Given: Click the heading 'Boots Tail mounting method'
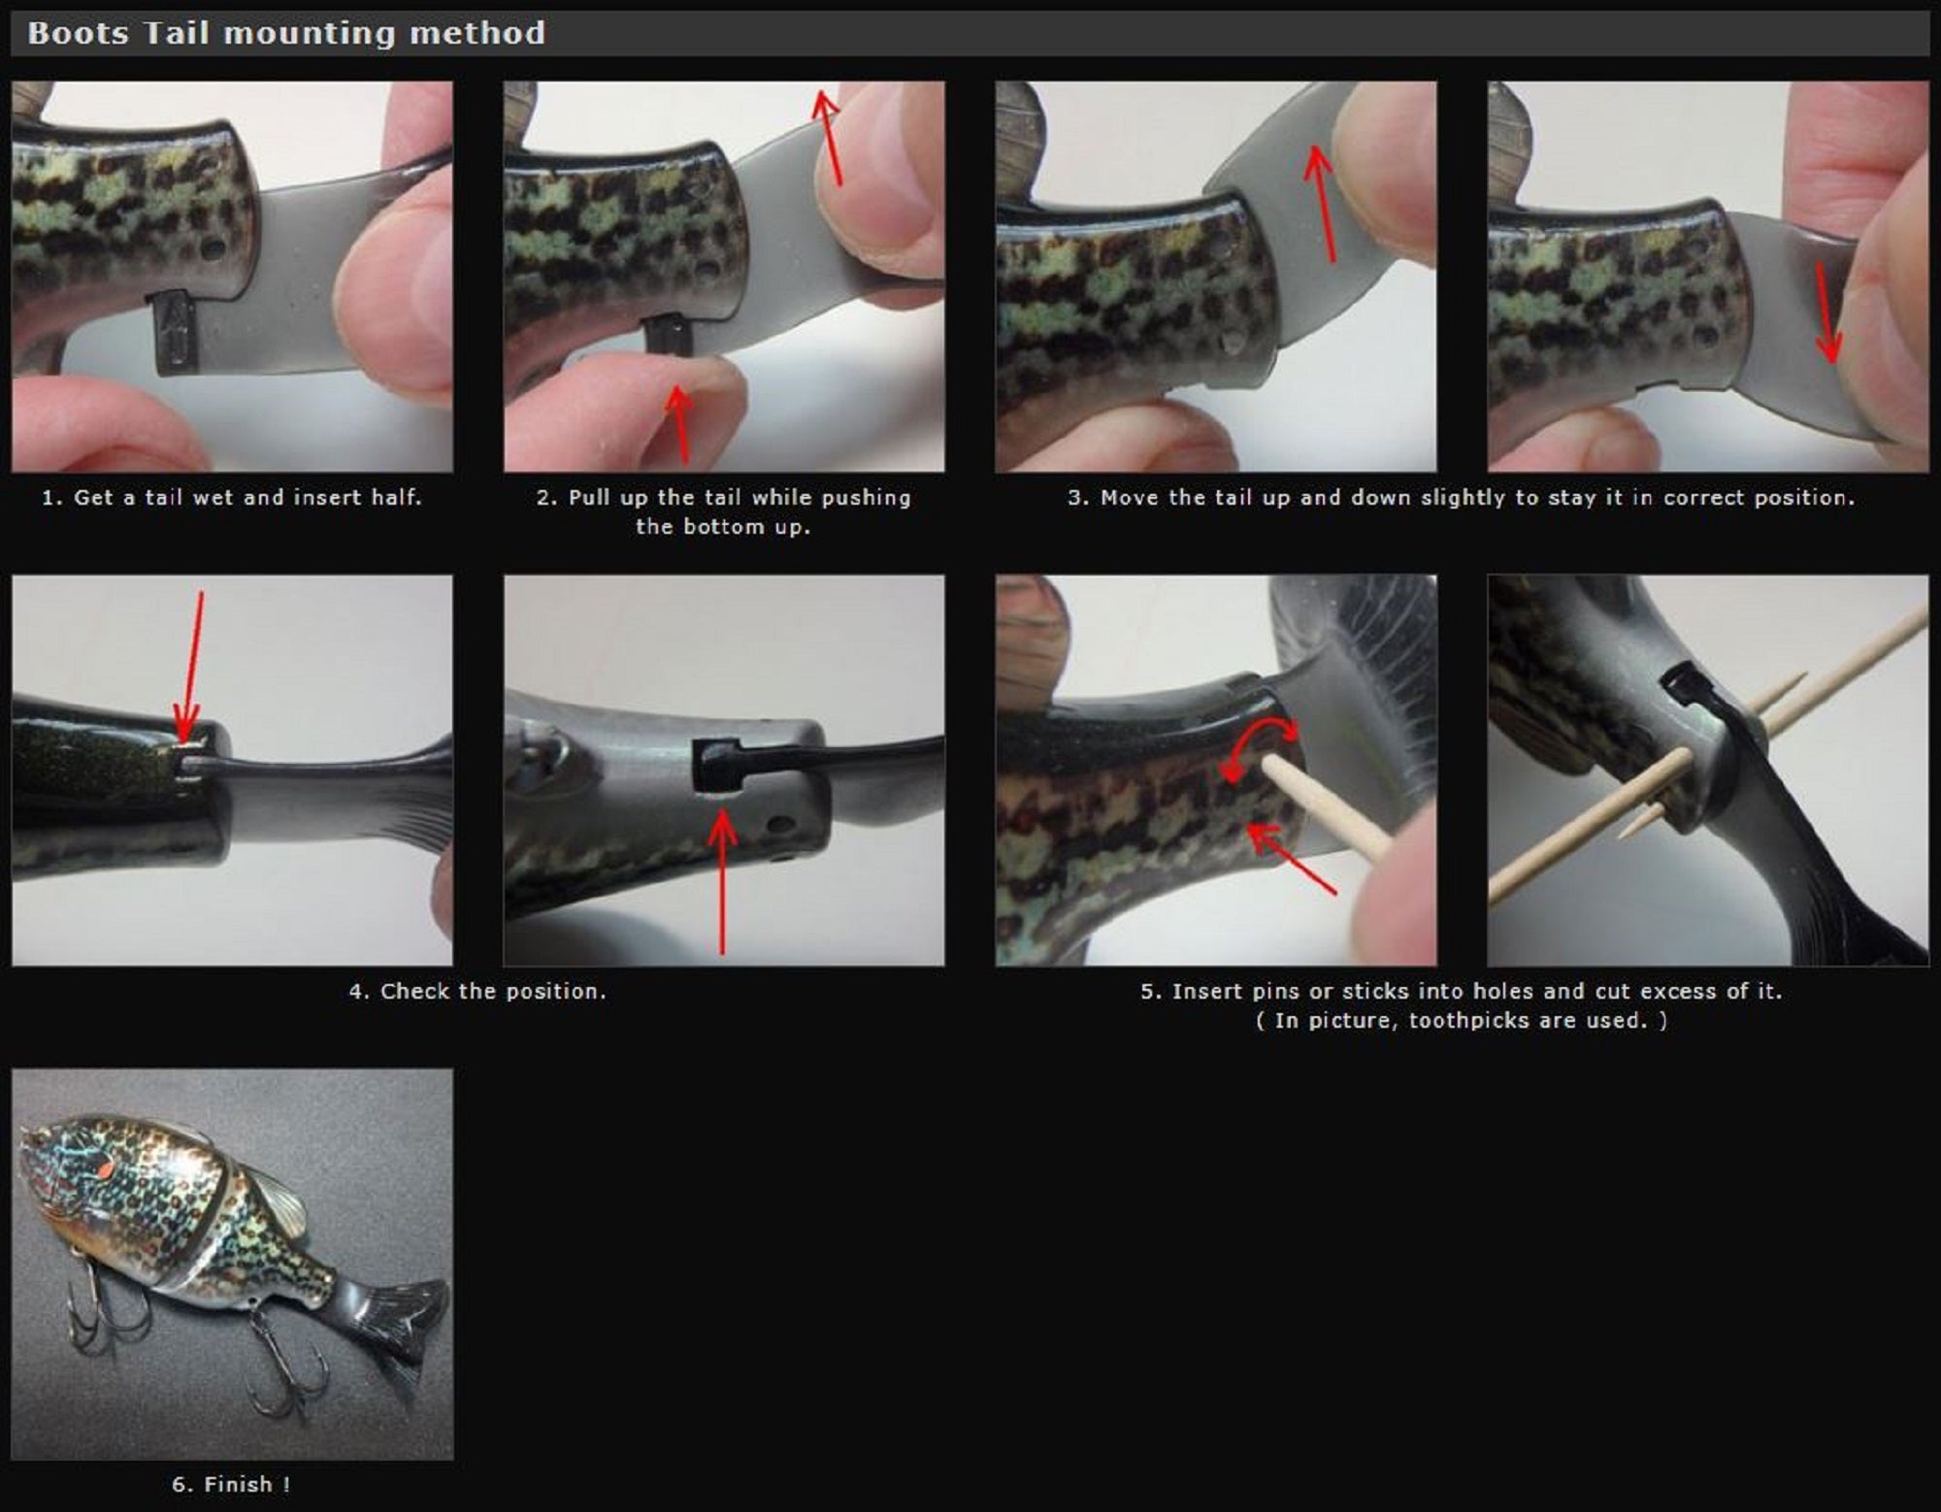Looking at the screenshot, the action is click(286, 33).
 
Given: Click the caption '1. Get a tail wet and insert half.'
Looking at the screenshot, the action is click(232, 498).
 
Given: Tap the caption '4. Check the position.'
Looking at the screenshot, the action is click(477, 991).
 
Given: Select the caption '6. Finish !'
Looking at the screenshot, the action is click(231, 1484).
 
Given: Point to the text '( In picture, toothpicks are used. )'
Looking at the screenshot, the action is click(1461, 1020).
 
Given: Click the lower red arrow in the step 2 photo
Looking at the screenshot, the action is click(680, 424).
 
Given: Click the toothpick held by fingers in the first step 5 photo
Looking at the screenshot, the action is click(1325, 807).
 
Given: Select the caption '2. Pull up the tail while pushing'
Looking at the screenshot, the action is click(723, 498).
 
